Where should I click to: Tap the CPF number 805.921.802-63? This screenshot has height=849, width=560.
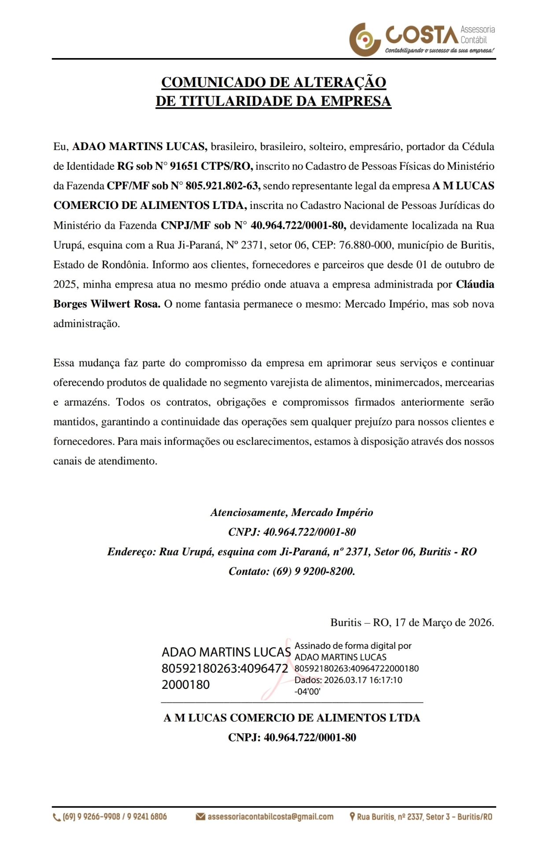coord(222,186)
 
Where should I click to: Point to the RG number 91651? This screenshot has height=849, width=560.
coord(184,166)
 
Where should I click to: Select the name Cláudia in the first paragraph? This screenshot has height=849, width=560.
coord(475,284)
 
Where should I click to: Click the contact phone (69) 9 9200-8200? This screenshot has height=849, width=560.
coord(313,571)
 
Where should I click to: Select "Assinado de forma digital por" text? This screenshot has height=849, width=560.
coord(353,646)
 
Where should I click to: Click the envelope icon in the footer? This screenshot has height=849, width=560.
coord(200,817)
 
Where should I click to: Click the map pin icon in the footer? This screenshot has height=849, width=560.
coord(352,817)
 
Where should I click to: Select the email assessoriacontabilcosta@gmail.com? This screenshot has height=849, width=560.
coord(270,817)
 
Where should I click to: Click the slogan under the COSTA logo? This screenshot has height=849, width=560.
coord(439,50)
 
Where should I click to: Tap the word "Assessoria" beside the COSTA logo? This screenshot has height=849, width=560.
coord(478,29)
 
